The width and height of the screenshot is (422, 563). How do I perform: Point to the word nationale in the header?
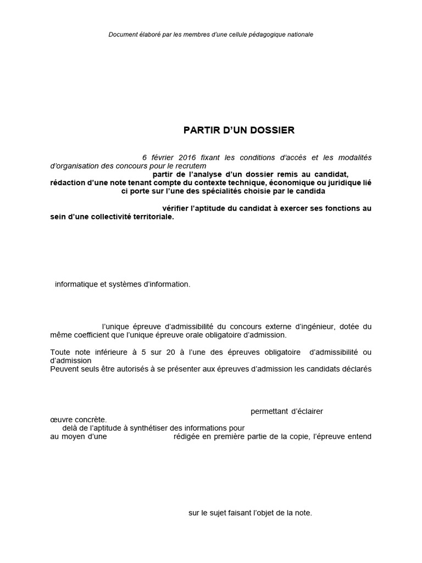[299, 34]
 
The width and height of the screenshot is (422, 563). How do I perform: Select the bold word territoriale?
[152, 217]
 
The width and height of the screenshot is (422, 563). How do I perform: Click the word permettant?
[269, 411]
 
